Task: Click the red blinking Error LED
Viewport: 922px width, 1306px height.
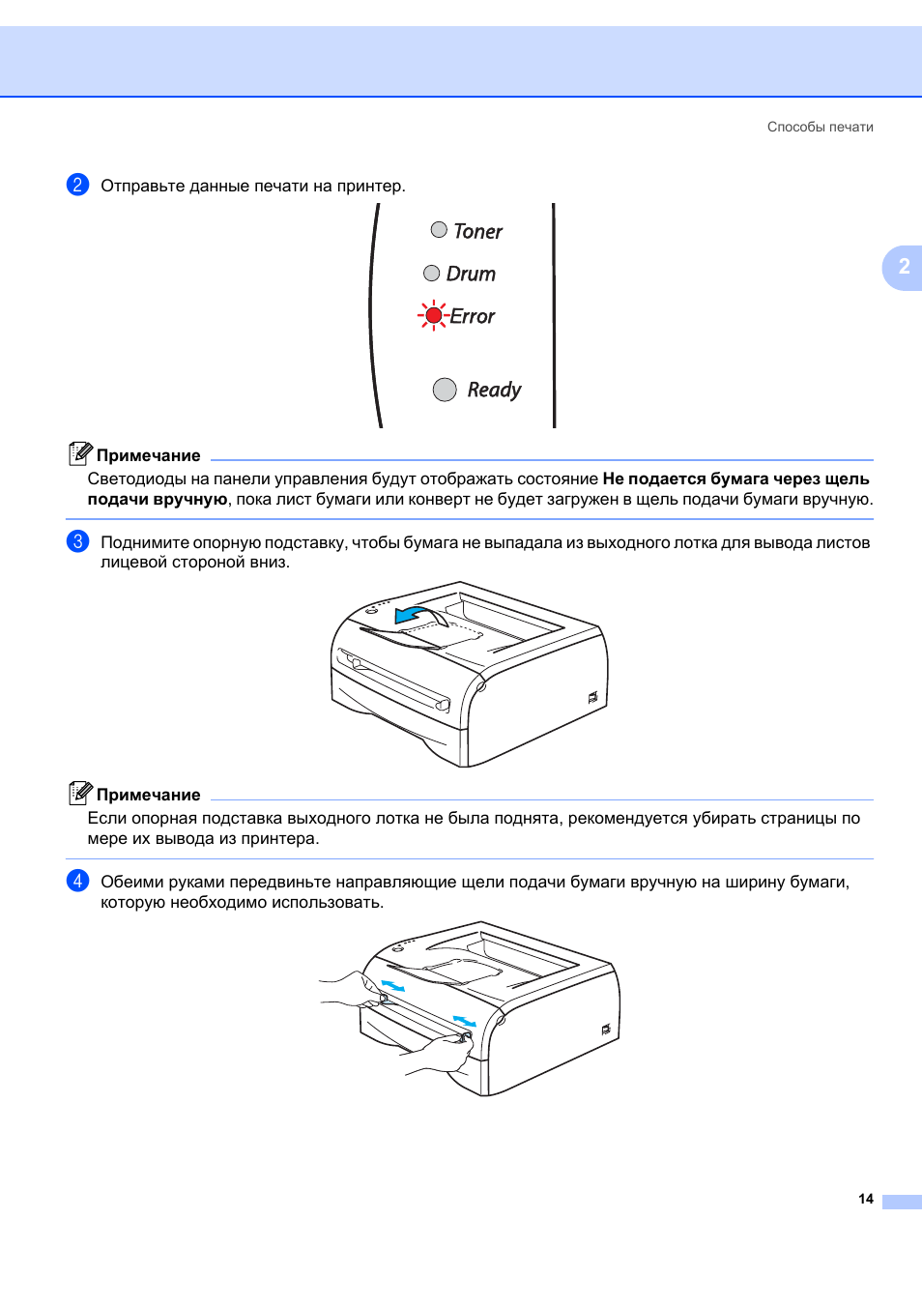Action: (x=433, y=316)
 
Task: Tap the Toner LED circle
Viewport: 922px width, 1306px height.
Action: (x=439, y=230)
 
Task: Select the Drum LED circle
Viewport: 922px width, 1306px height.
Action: (x=432, y=274)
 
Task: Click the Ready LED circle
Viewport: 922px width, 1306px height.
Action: (x=445, y=390)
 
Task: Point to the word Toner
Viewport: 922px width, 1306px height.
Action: (x=478, y=232)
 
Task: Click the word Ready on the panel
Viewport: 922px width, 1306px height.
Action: (x=494, y=390)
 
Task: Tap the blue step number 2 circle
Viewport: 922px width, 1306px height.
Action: (x=77, y=185)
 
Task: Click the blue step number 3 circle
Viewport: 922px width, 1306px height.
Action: (x=77, y=541)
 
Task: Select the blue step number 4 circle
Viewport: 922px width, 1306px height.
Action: (x=77, y=881)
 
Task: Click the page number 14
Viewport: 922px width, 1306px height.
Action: (x=865, y=1199)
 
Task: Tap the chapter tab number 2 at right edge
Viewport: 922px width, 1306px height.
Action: (x=904, y=267)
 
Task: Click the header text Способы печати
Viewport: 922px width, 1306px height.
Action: (x=820, y=127)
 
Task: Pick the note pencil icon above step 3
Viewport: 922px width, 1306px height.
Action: (x=80, y=453)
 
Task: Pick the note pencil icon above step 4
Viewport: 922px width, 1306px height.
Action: (x=80, y=793)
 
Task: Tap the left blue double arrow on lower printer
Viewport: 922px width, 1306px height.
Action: (x=392, y=985)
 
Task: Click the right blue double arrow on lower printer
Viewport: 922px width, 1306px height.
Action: (x=465, y=1021)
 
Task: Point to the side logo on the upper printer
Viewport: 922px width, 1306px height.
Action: (x=592, y=697)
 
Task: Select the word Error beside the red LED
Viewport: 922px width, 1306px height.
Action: (x=473, y=317)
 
